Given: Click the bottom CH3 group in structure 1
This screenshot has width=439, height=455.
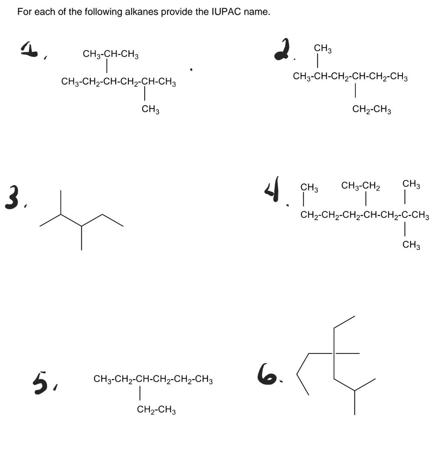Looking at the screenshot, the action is [150, 109].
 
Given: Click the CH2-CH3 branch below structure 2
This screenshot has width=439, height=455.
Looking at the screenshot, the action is [372, 109].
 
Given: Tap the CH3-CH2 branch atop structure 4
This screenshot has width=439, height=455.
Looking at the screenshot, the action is [361, 186].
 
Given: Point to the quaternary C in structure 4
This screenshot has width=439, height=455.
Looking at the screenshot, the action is [405, 215].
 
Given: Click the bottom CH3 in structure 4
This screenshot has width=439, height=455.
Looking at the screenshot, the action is [411, 245].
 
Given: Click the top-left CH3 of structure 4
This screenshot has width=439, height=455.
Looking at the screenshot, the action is [309, 188].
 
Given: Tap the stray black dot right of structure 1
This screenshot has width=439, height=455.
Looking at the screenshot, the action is [191, 69].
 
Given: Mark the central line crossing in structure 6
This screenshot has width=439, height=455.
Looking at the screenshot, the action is [334, 353].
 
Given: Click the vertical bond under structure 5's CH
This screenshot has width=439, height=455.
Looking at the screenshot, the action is [139, 393].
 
